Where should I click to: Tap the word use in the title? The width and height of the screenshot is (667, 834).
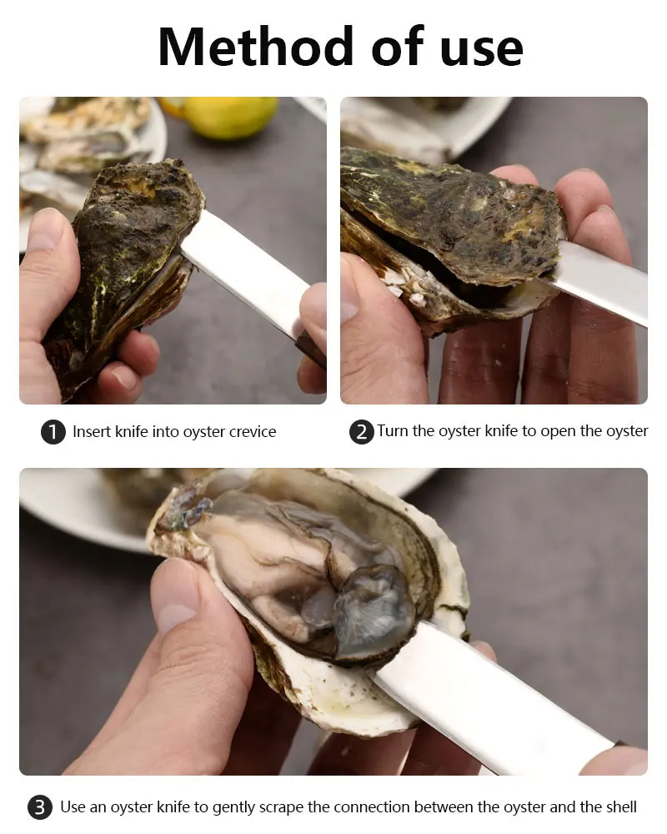478,48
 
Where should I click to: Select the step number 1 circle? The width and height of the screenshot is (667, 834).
53,432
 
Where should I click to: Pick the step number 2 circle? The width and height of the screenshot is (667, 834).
361,432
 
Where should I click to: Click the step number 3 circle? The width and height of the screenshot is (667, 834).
39,807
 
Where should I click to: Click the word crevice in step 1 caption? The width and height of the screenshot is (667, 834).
248,432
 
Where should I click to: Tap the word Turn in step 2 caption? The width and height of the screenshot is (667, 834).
393,431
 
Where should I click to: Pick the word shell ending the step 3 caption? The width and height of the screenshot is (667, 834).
619,807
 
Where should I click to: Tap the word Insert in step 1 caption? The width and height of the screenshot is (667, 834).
91,432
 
